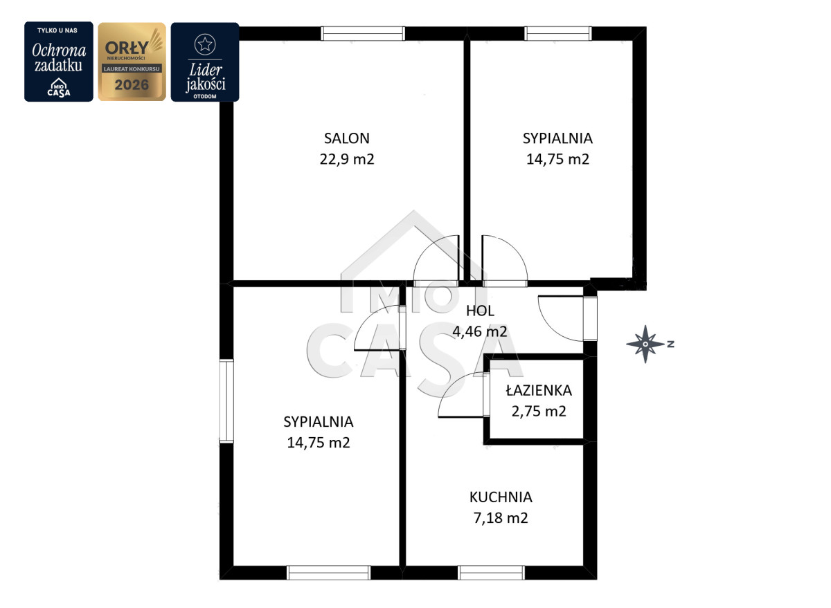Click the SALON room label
coord(347,138)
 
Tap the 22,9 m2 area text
coord(347,159)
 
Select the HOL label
coord(480,311)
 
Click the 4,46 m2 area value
coord(480,331)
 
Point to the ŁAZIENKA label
coord(539,390)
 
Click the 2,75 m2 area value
coord(539,412)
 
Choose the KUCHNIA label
coord(501,497)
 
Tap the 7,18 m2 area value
coord(501,518)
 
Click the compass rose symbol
coord(645,344)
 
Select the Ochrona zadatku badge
coord(59,62)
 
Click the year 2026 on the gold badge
coord(132,85)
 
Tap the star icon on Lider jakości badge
coord(205,44)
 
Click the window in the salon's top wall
coord(363,33)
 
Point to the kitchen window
coord(491,573)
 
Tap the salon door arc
coord(427,248)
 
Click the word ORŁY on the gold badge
coord(127,48)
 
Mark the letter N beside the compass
coord(671,344)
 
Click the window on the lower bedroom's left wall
coord(226,401)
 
